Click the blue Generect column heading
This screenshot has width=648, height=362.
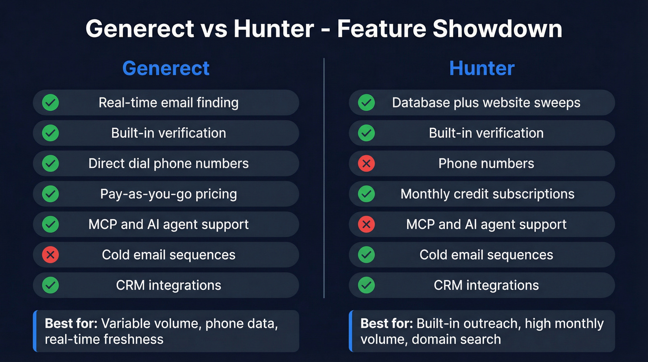coord(166,68)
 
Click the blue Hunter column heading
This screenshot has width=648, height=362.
coord(482,68)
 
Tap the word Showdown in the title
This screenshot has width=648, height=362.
coord(497,29)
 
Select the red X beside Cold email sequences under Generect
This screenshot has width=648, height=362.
coord(50,254)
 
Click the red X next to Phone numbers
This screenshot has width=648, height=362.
coord(366,163)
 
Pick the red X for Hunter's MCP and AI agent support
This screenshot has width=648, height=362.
coord(366,224)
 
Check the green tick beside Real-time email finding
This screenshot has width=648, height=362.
coord(50,102)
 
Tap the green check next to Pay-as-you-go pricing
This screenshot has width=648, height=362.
coord(50,194)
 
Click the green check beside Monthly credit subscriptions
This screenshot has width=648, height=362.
coord(366,194)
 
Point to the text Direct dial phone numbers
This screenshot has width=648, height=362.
coord(168,163)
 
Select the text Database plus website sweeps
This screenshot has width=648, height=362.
coord(486,102)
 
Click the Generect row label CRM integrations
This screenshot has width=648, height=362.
coord(168,285)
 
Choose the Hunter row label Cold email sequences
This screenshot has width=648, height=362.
coord(486,254)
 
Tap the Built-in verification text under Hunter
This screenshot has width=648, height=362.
coord(486,133)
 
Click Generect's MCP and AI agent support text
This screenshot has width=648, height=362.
coord(168,224)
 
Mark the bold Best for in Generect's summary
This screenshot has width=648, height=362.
coord(71,324)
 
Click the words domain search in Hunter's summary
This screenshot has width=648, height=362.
coord(456,339)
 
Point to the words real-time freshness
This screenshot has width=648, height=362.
coord(104,339)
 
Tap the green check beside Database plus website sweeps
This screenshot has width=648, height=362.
coord(366,102)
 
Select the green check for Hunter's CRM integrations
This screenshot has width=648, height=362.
coord(366,285)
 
